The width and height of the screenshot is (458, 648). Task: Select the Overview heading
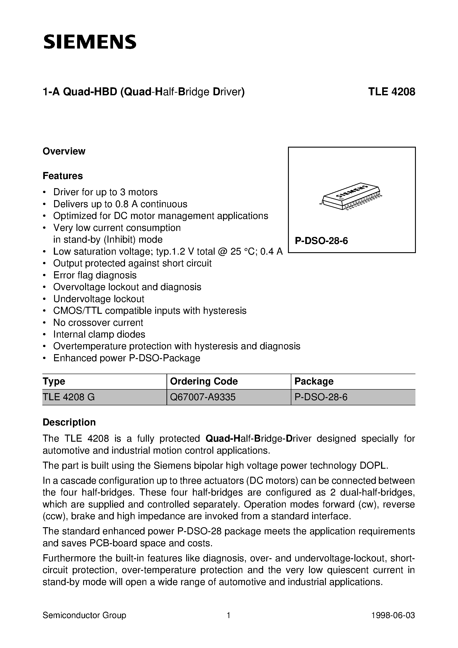pos(64,151)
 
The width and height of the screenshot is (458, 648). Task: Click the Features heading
pos(63,176)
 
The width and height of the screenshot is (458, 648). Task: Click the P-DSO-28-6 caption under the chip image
pos(321,241)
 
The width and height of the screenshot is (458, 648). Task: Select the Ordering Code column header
pos(204,381)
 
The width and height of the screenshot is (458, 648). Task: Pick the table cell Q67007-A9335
pos(203,397)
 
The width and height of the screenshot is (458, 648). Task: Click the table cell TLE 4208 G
pos(69,397)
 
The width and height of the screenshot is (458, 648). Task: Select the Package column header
pos(314,381)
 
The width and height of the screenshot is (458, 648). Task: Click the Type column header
pos(54,381)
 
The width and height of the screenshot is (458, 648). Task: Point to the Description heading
pos(69,422)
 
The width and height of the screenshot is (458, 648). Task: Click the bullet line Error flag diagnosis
pos(95,275)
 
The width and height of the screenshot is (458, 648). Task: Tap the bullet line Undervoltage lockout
pos(99,299)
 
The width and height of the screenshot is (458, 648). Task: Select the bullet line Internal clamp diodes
pos(99,334)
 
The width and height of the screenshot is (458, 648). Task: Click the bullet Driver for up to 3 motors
pos(105,192)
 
